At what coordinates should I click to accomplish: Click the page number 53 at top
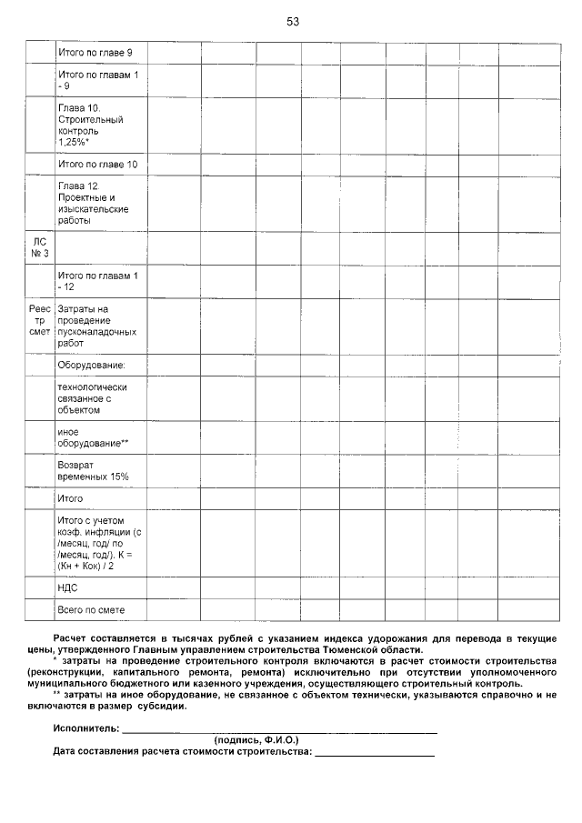(292, 21)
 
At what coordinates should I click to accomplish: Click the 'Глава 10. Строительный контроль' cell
(91, 125)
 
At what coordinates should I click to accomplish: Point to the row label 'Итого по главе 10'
(97, 165)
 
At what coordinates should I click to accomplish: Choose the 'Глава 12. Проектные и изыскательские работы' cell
(92, 203)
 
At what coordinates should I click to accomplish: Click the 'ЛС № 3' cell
(39, 247)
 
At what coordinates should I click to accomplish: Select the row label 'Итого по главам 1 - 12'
(95, 280)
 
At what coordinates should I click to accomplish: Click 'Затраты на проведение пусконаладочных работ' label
(95, 326)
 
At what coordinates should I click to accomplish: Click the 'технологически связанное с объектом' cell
(92, 398)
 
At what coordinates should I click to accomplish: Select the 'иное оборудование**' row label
(93, 437)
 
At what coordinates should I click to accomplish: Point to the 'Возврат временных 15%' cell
(93, 470)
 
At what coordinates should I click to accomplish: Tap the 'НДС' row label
(67, 588)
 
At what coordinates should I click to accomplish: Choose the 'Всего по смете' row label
(91, 610)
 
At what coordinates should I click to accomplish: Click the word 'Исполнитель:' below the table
(86, 729)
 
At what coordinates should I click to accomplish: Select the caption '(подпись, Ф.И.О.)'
(256, 740)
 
